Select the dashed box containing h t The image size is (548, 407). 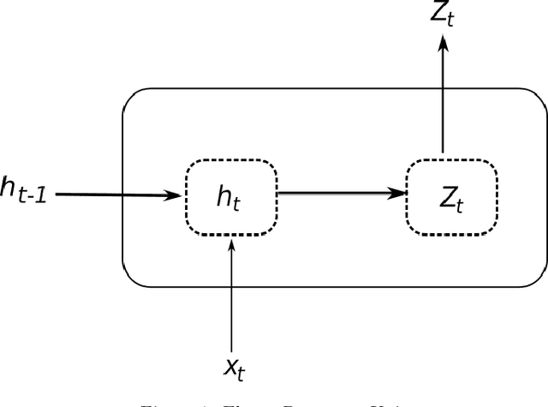(x=231, y=197)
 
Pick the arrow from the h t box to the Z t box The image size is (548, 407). (x=342, y=194)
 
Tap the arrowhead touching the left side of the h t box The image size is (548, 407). (x=176, y=195)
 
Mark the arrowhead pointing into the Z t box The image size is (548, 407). (x=398, y=194)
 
